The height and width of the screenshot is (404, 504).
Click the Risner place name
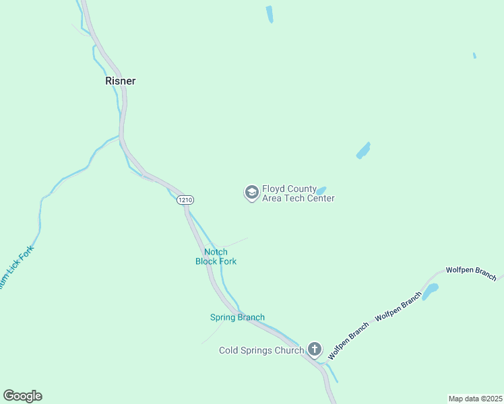[120, 81]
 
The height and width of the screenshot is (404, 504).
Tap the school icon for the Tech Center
[251, 193]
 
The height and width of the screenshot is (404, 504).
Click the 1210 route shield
[185, 200]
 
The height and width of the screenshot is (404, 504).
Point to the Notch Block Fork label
[216, 257]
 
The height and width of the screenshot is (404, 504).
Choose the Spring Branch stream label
[237, 317]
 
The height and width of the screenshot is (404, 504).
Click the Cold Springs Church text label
[261, 350]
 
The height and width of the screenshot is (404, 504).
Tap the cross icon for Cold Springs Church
[314, 349]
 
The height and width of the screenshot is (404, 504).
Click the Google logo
[22, 396]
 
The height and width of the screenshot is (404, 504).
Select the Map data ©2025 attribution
[475, 399]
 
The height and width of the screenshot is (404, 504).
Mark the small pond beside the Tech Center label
[321, 190]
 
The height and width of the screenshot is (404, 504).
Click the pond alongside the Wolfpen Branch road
[430, 292]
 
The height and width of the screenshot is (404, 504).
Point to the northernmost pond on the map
[270, 14]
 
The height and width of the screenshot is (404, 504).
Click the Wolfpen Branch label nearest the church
[348, 340]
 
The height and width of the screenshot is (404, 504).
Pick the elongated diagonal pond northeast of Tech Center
[363, 150]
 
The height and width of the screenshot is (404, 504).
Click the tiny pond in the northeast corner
[474, 55]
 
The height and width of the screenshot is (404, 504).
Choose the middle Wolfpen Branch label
[398, 306]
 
